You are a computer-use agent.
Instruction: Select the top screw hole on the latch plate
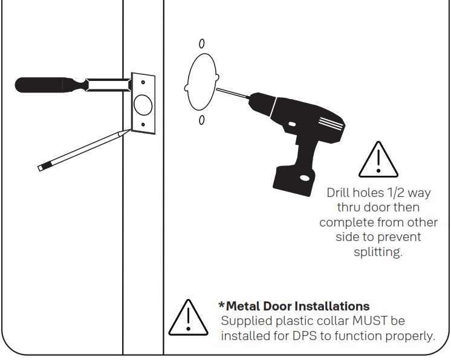[143, 83]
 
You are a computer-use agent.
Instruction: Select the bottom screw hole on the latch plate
[143, 125]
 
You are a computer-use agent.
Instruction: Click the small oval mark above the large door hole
[201, 43]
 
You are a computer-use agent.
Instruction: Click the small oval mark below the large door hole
[201, 120]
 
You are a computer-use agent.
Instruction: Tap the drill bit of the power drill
[233, 95]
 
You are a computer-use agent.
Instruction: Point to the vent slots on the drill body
[329, 124]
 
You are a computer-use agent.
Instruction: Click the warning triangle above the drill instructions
[378, 160]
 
